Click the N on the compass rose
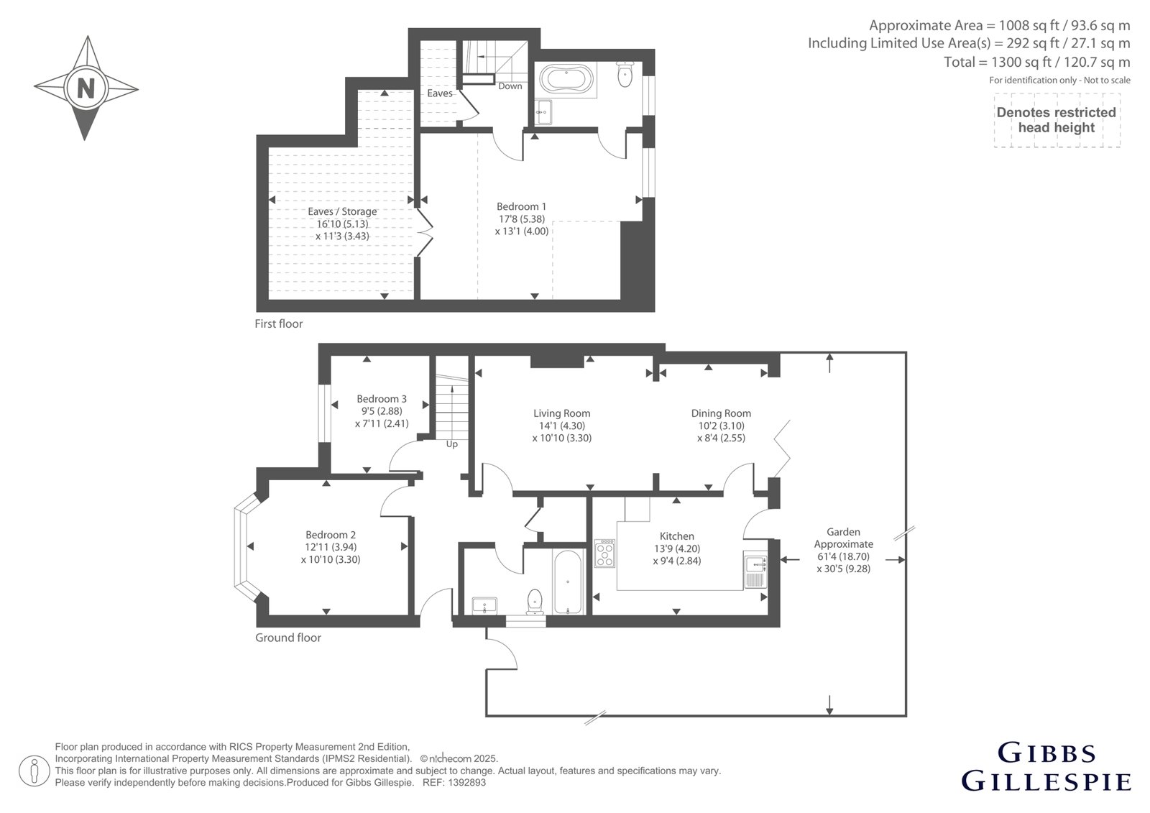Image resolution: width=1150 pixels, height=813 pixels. (x=86, y=88)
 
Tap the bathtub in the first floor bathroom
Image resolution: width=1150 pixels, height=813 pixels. (x=566, y=80)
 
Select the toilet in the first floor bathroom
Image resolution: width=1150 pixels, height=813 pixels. (x=625, y=75)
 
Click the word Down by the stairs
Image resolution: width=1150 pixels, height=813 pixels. (x=510, y=86)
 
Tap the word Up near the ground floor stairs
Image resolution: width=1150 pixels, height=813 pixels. (x=452, y=444)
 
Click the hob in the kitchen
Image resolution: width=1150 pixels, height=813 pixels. (x=604, y=553)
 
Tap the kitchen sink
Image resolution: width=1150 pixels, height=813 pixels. (x=755, y=569)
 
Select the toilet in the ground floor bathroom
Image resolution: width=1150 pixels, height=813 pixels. (x=535, y=601)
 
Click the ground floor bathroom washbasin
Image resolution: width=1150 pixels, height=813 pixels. (x=484, y=605)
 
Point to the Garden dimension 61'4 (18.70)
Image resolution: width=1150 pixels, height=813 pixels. (x=844, y=556)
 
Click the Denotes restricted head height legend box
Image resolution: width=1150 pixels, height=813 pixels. (x=1057, y=120)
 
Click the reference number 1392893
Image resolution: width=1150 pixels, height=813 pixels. (x=466, y=783)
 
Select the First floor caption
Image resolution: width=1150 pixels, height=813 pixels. (x=279, y=323)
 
